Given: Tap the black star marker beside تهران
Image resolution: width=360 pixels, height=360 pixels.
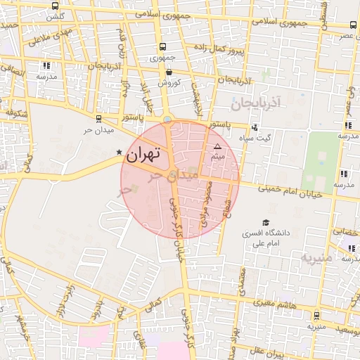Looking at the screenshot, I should (119, 152).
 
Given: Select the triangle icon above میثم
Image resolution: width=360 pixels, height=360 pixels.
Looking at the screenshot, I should (217, 146).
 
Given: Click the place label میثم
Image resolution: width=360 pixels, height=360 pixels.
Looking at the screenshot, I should (217, 156).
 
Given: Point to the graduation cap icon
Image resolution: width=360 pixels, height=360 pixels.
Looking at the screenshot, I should (266, 222).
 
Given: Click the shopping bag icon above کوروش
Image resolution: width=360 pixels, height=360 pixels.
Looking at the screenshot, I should (169, 72).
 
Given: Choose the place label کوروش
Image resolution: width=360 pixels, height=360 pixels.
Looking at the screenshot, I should (169, 82).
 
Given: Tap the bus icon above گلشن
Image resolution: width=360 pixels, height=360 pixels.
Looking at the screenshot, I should (56, 6).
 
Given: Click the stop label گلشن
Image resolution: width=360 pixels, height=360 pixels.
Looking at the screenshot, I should (56, 15).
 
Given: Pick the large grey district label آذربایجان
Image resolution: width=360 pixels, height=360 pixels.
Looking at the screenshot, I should (255, 103).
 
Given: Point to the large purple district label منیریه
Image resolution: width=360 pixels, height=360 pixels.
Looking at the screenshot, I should (314, 256).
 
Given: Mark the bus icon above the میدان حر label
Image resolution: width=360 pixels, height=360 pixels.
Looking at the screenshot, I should (98, 119).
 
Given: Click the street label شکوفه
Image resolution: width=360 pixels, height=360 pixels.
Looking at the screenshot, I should (15, 112).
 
